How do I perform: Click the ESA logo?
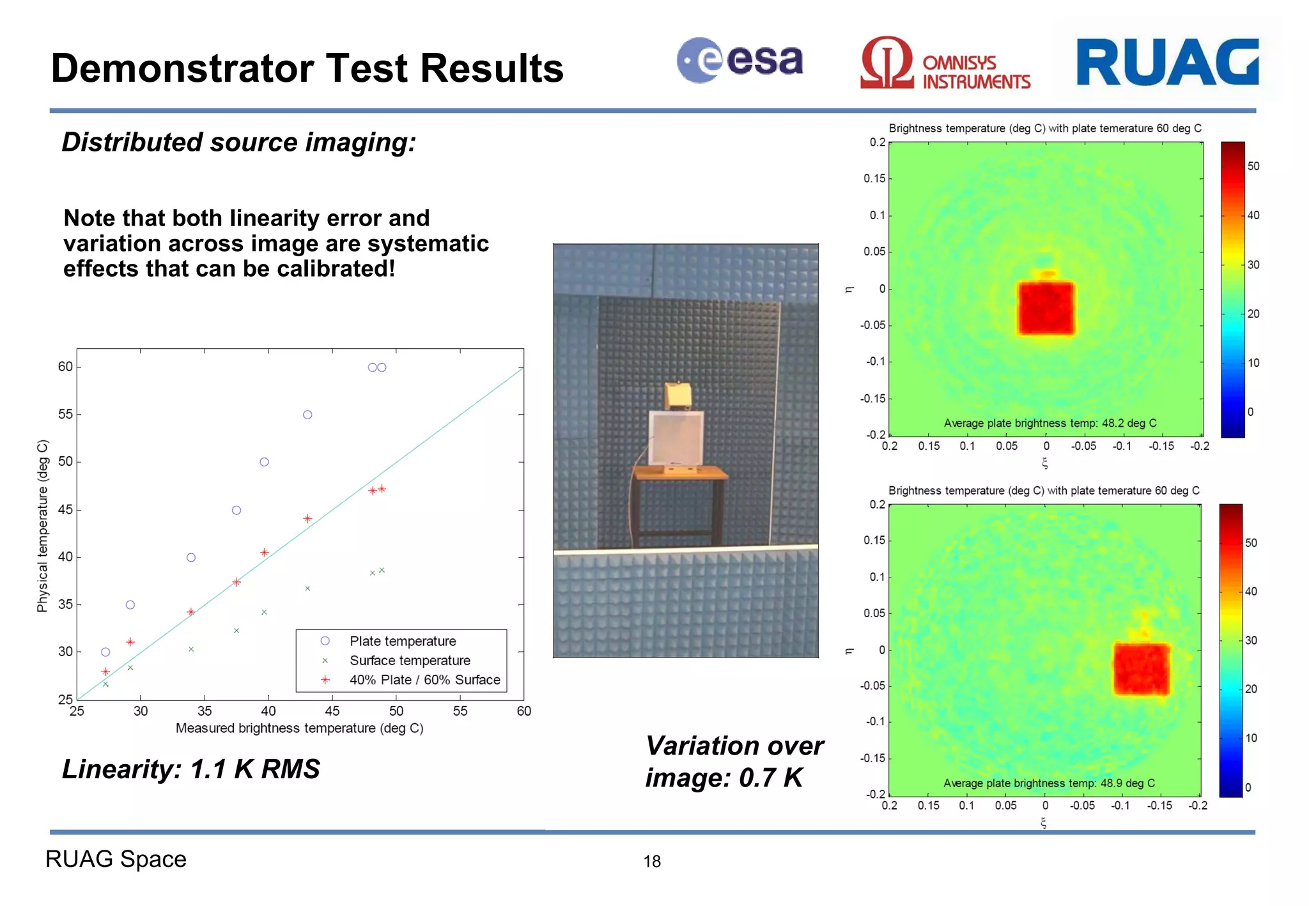(x=740, y=61)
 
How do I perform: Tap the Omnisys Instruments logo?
(x=945, y=64)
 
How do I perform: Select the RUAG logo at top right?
(x=1167, y=62)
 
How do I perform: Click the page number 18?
(x=651, y=861)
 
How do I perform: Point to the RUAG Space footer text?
(x=116, y=859)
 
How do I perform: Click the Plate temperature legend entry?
(x=402, y=641)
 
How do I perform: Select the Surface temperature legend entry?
(x=409, y=661)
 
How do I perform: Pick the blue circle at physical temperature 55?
(x=307, y=415)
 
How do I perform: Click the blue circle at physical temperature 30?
(x=105, y=652)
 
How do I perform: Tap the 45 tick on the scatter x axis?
(x=332, y=711)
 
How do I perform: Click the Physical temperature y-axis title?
(x=43, y=525)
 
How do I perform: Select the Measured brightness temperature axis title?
(x=299, y=728)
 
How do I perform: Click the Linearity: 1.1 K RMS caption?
(x=190, y=769)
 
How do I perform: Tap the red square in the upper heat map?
(x=1046, y=309)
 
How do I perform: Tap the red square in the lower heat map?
(x=1141, y=669)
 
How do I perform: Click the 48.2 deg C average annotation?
(x=1050, y=423)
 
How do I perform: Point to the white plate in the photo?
(x=676, y=438)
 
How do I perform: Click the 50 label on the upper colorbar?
(x=1253, y=166)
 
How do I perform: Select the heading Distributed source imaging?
(x=238, y=142)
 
